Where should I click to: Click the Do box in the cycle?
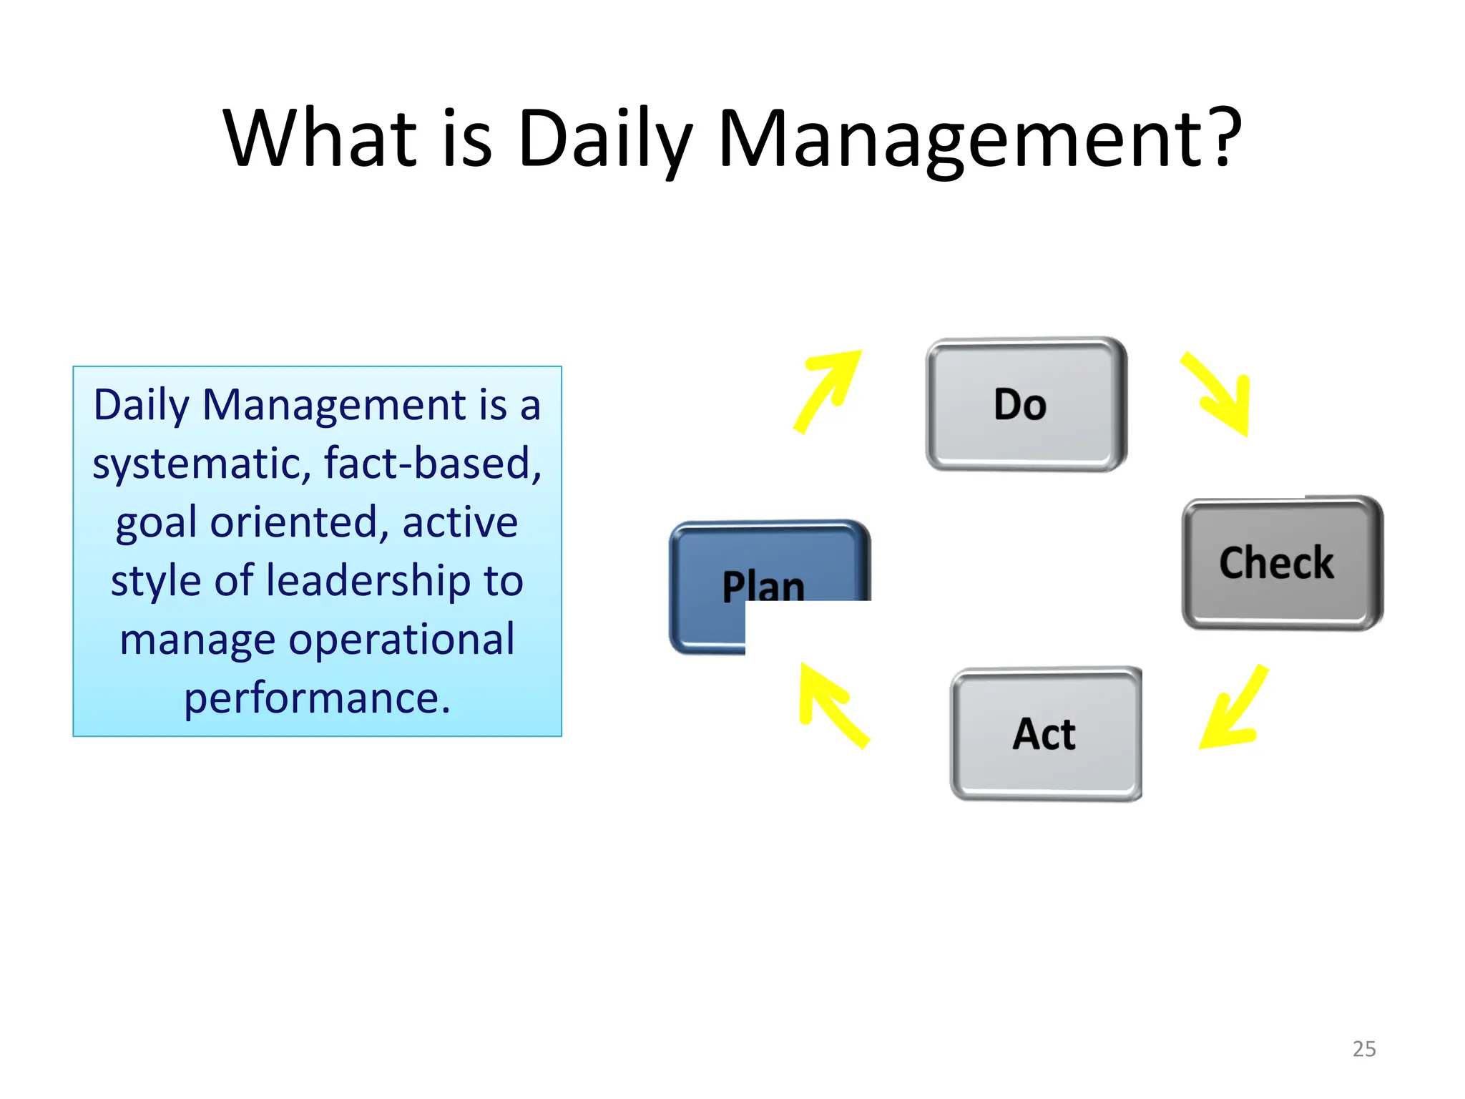(1025, 405)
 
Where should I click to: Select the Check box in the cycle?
(1281, 563)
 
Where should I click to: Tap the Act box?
(1045, 734)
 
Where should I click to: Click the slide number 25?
(1363, 1049)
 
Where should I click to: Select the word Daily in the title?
(605, 140)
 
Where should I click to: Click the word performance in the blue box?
(316, 698)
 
